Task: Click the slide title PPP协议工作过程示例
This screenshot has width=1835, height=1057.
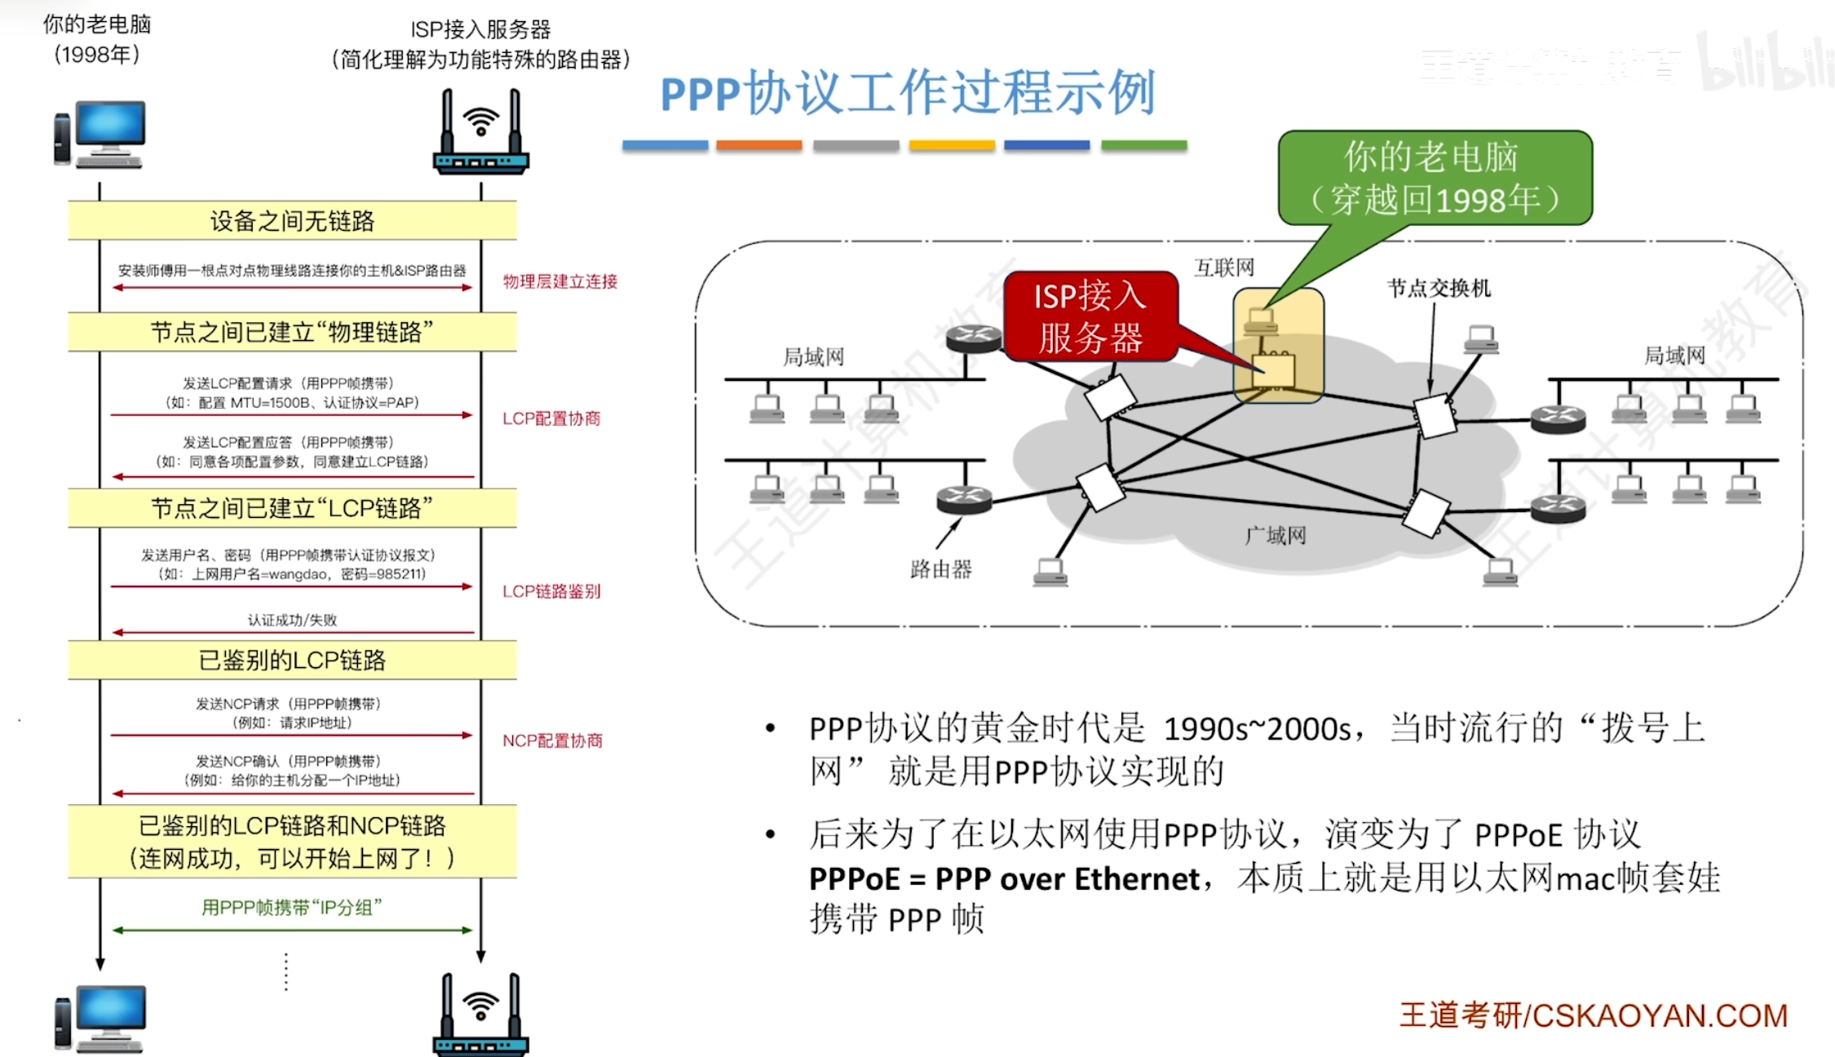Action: pos(907,92)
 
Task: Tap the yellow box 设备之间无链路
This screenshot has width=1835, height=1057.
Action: pos(292,221)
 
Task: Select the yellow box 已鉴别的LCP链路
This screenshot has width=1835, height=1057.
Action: pos(292,660)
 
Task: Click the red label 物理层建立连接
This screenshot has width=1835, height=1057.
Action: pos(559,281)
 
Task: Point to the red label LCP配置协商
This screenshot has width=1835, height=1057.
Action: pos(551,418)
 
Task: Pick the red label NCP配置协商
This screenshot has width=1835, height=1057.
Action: pos(552,741)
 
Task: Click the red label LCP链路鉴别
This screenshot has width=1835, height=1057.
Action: pos(551,591)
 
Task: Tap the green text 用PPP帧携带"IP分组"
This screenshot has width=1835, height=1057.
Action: pos(292,908)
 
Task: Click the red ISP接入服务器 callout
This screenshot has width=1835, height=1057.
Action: pos(1090,316)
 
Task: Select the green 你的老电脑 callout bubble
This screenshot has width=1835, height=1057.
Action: pos(1435,178)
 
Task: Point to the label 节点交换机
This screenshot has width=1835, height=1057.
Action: pos(1439,288)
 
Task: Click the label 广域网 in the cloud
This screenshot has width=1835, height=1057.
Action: pos(1276,535)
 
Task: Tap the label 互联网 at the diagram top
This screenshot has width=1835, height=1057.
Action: pos(1223,268)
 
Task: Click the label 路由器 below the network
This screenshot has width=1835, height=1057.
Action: pos(940,568)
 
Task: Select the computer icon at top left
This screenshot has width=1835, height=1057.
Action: pos(100,135)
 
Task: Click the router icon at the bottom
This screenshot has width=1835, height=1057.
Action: pos(480,1015)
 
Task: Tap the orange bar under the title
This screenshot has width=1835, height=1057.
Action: pos(758,145)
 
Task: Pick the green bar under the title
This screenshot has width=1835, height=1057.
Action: pos(1143,145)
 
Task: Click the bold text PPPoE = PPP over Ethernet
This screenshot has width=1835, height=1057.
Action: pos(1004,879)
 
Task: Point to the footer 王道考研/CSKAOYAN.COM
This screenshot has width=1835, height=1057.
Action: pos(1594,1015)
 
